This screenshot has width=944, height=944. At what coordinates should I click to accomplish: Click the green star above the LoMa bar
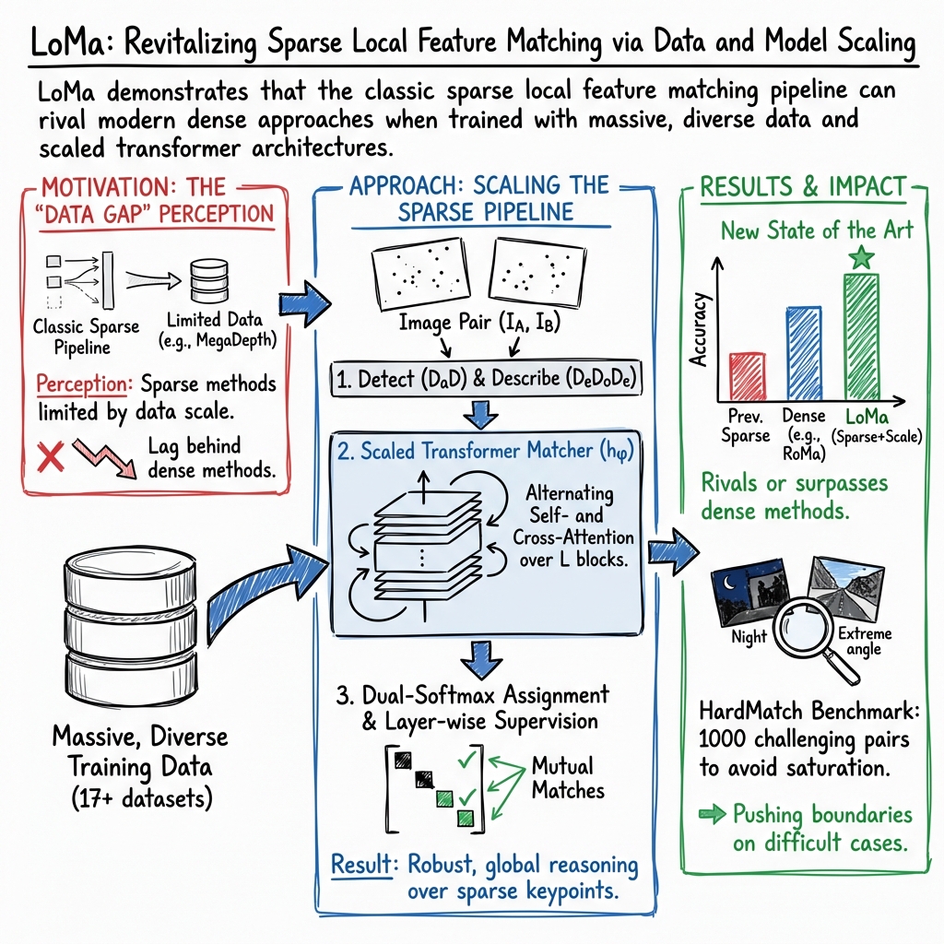click(x=861, y=257)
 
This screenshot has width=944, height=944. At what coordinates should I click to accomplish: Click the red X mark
click(x=49, y=455)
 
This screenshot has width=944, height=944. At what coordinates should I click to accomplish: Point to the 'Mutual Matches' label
click(x=568, y=777)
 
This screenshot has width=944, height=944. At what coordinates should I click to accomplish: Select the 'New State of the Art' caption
click(x=816, y=230)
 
